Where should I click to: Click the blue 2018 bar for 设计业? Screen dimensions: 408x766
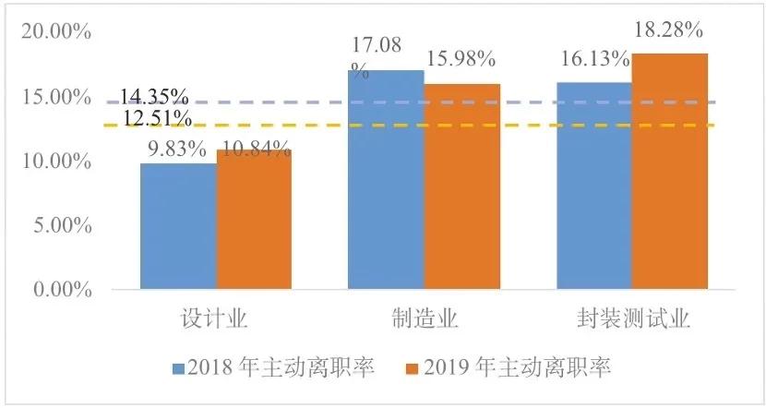pyautogui.click(x=178, y=226)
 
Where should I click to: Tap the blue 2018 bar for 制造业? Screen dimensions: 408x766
pyautogui.click(x=386, y=180)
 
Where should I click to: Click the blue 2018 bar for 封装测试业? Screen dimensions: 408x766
pyautogui.click(x=592, y=186)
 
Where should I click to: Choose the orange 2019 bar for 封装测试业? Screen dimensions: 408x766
pyautogui.click(x=669, y=172)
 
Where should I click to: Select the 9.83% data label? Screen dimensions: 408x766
pyautogui.click(x=174, y=149)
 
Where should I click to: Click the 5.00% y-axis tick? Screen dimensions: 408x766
pyautogui.click(x=60, y=225)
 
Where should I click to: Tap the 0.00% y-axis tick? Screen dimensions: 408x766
pyautogui.click(x=60, y=290)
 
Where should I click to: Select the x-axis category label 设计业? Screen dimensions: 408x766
pyautogui.click(x=216, y=319)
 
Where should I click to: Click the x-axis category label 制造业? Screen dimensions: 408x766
pyautogui.click(x=424, y=319)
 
